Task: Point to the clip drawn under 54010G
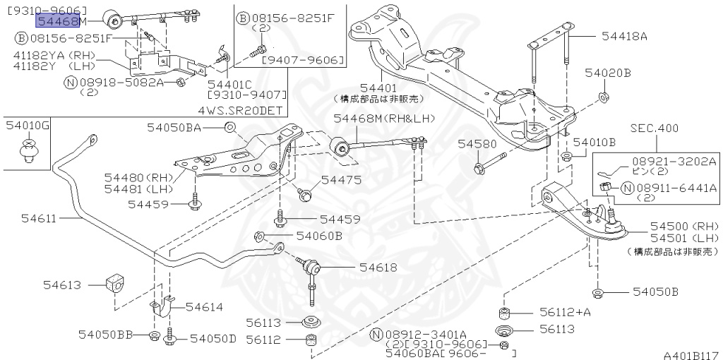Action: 28,150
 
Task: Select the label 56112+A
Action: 565,312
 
